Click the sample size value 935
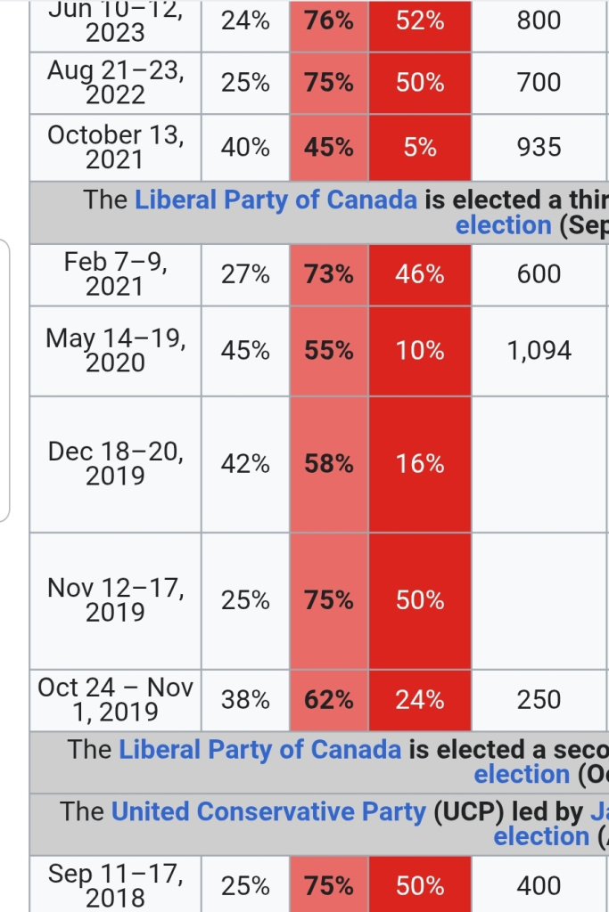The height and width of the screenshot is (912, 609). point(539,147)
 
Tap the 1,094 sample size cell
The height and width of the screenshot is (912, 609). point(539,351)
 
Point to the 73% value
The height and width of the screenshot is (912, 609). point(329,274)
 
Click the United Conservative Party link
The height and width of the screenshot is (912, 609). point(268,812)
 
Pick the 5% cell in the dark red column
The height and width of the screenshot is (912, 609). point(420,147)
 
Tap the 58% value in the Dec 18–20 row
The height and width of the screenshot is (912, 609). point(329,464)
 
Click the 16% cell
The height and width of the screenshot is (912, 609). point(420,464)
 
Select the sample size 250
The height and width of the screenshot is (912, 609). point(539,700)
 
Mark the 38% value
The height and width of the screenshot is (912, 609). point(245,700)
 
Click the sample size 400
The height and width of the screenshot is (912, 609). point(539,885)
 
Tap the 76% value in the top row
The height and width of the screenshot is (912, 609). point(329,20)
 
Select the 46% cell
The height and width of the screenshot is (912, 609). point(420,274)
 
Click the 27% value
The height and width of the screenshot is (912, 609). point(245,274)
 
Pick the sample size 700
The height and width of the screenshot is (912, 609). point(539,82)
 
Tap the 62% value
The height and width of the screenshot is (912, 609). point(329,700)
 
